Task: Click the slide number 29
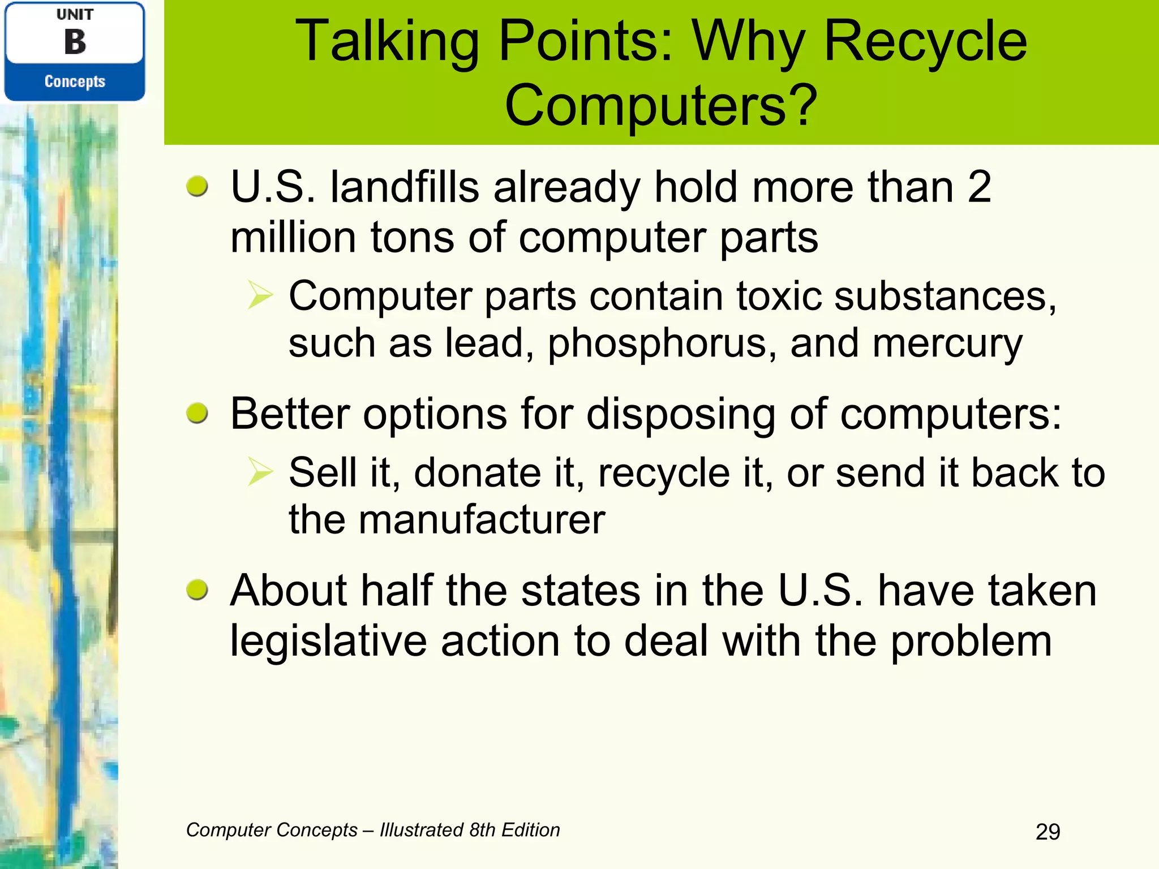1048,832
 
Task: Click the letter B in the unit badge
75,42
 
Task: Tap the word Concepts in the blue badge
75,81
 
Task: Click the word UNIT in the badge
75,15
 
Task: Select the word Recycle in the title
925,42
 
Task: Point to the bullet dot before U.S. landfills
197,186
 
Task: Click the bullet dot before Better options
197,414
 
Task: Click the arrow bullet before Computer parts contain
260,295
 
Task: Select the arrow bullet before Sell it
260,472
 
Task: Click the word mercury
947,344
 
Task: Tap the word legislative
328,642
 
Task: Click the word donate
477,473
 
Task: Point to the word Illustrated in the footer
421,830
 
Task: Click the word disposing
681,415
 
